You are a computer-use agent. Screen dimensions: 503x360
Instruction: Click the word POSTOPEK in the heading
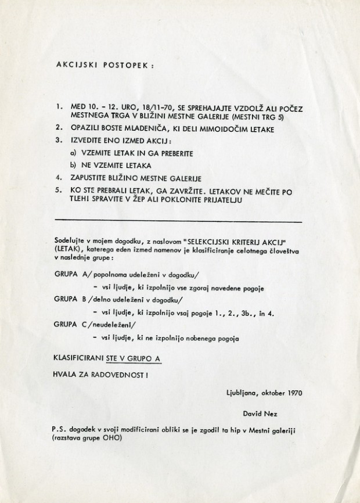(123, 66)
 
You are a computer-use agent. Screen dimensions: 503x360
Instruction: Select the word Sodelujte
(67, 239)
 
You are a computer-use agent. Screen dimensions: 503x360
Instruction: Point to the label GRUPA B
(70, 300)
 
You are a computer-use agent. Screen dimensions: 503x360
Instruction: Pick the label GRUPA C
(70, 324)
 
